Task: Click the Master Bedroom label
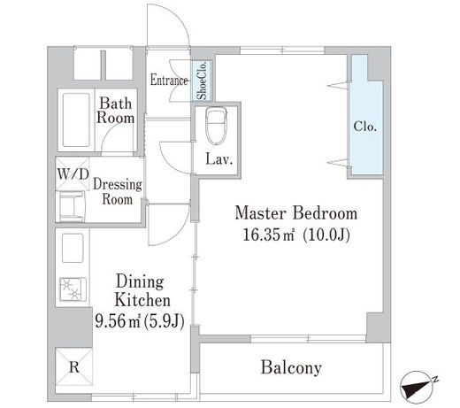(x=295, y=213)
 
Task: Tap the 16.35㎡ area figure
(x=269, y=235)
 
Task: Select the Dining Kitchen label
(x=142, y=291)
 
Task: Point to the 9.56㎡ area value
(x=118, y=320)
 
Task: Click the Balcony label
(x=291, y=367)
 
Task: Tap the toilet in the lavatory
(x=217, y=125)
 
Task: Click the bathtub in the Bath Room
(x=76, y=119)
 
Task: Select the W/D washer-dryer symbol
(x=73, y=174)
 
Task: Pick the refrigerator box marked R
(x=74, y=367)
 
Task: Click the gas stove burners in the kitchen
(x=73, y=289)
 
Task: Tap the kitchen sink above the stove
(x=73, y=248)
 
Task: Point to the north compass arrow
(x=418, y=387)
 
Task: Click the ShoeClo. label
(x=203, y=81)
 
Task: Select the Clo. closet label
(x=365, y=127)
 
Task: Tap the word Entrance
(x=169, y=81)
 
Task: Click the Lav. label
(x=219, y=159)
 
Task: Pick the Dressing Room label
(x=118, y=192)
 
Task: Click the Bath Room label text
(x=115, y=111)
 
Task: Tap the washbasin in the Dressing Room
(x=73, y=207)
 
